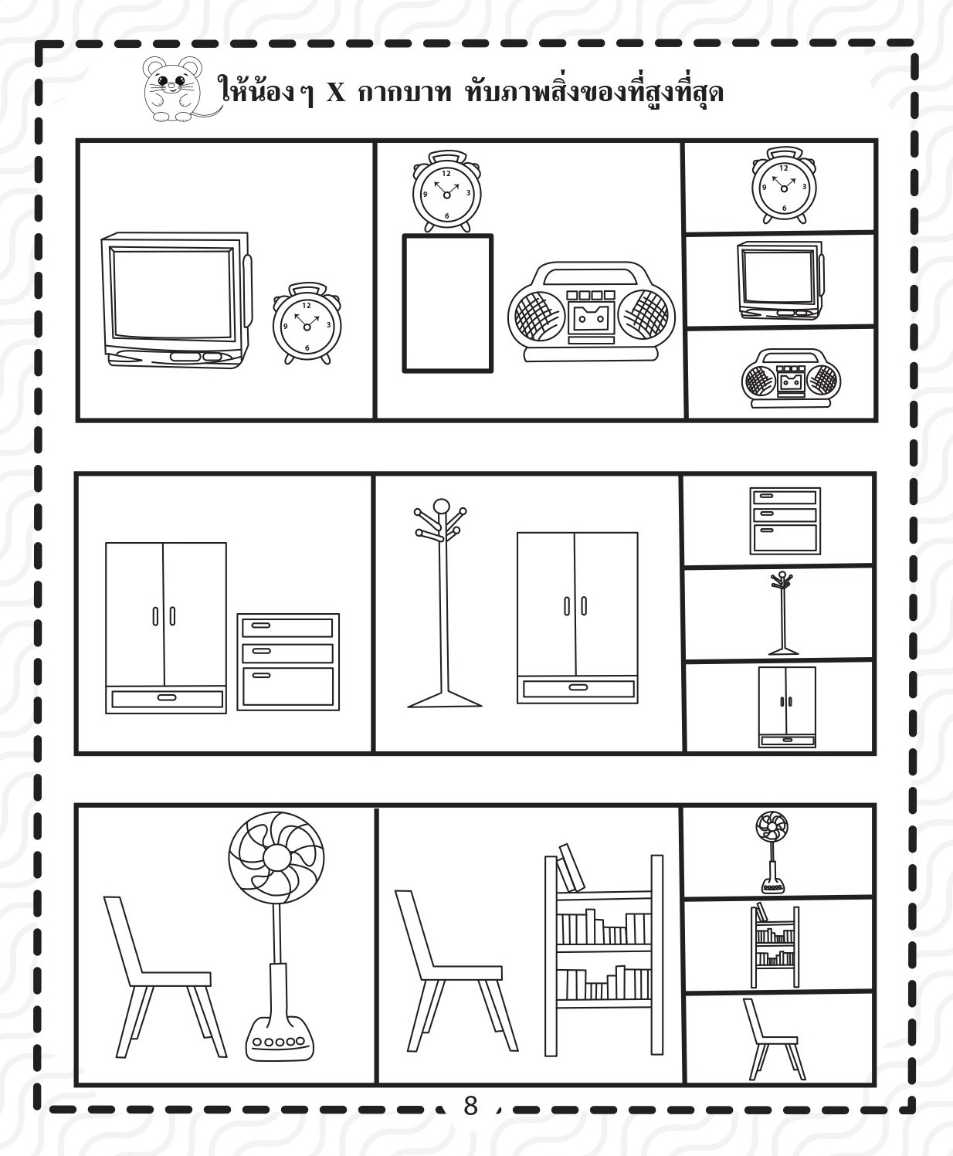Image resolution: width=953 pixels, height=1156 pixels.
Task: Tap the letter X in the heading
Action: (336, 93)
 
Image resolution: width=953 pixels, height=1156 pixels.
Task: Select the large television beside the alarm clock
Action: (176, 300)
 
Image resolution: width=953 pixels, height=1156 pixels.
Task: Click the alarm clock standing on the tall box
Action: (446, 192)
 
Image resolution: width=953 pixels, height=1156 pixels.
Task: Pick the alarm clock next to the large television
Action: (307, 324)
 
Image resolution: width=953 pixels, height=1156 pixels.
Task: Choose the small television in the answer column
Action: (780, 280)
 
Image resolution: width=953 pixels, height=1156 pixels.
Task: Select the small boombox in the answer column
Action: (791, 379)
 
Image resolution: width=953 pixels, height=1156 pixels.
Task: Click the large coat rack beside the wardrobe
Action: (443, 603)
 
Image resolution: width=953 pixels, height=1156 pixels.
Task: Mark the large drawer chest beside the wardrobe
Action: (288, 662)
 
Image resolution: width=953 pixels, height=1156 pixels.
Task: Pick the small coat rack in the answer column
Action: (782, 613)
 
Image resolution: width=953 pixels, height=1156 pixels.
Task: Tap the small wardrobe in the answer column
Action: (787, 707)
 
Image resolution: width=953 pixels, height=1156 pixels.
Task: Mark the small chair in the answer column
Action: (774, 1039)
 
